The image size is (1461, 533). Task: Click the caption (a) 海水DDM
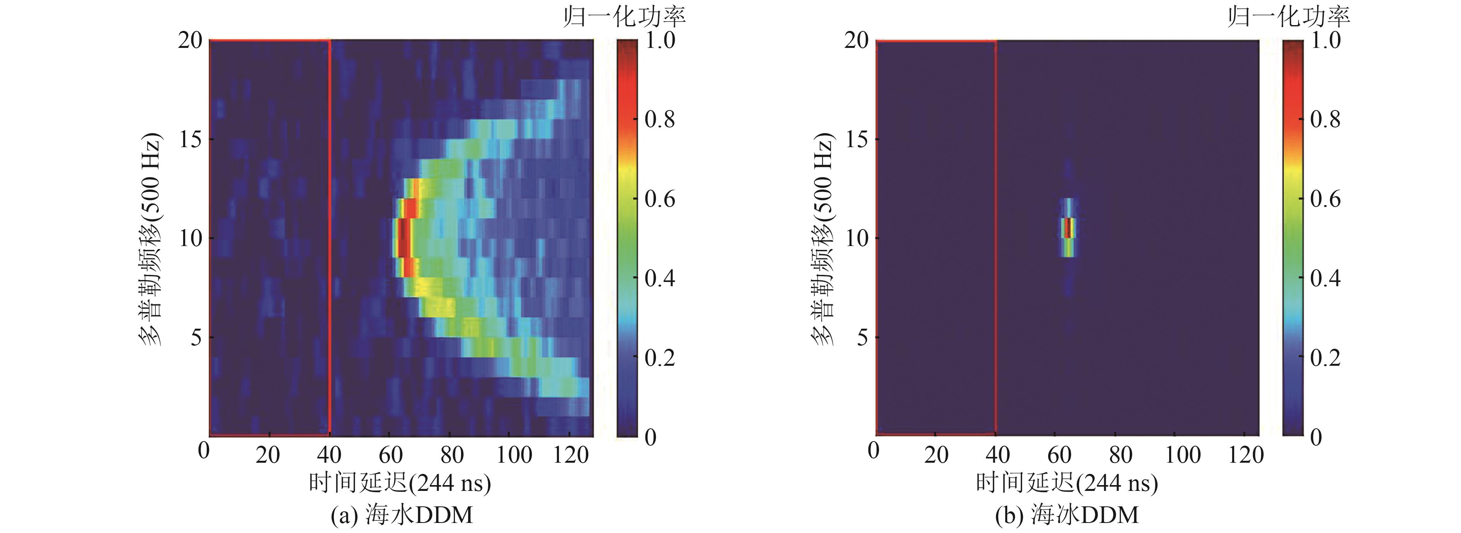(402, 515)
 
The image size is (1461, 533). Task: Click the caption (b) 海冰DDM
(1067, 515)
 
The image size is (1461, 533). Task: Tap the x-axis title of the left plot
(400, 483)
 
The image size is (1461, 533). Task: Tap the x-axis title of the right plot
(1067, 483)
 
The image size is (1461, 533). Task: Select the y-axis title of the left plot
(150, 239)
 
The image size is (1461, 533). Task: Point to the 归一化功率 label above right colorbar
(1289, 17)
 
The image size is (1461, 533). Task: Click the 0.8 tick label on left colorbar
(660, 120)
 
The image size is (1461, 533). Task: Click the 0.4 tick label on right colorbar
(1325, 278)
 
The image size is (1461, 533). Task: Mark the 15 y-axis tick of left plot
(191, 139)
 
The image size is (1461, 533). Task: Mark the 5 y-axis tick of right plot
(862, 338)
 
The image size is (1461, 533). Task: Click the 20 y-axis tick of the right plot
(857, 41)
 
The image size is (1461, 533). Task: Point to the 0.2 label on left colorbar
(660, 358)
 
